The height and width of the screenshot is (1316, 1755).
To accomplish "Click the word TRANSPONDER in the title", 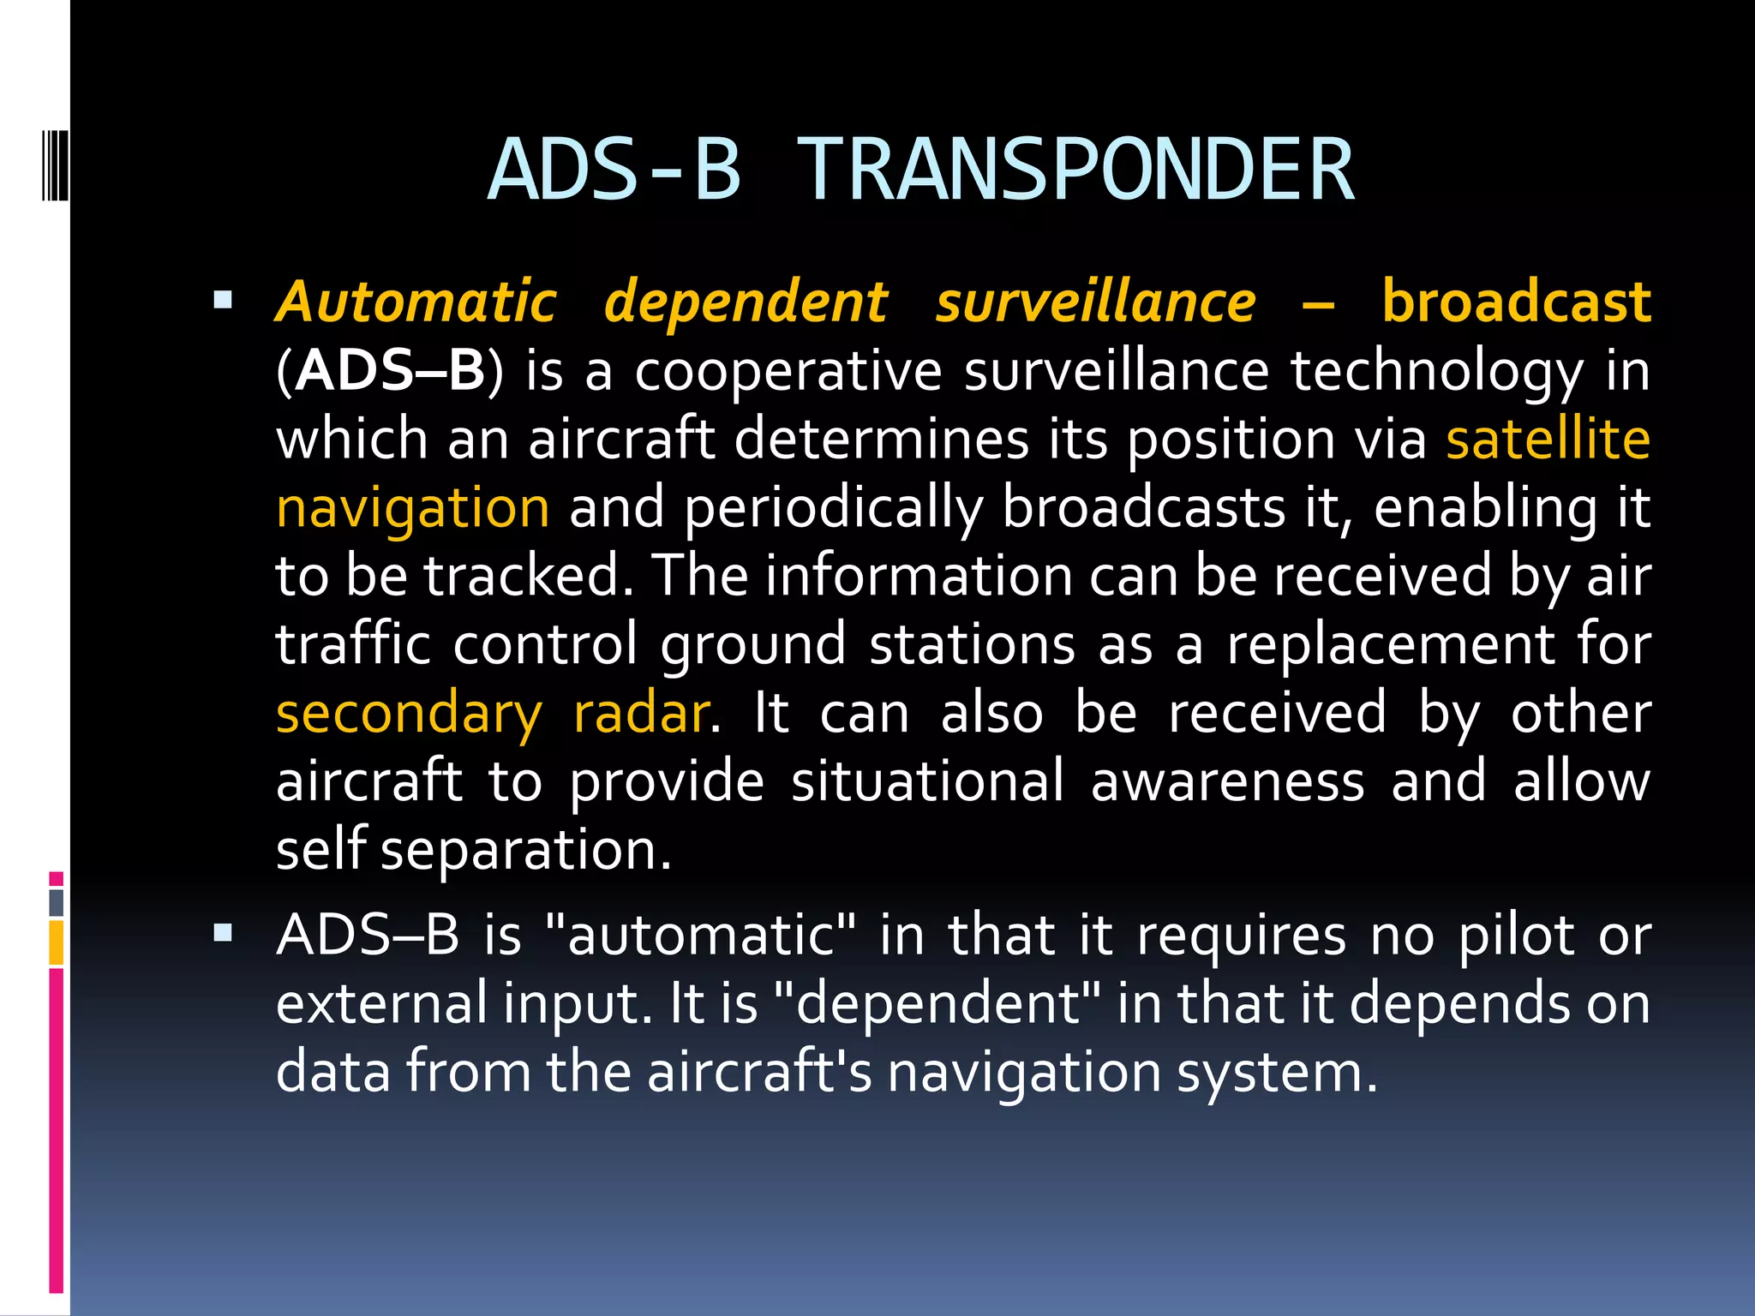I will [1075, 170].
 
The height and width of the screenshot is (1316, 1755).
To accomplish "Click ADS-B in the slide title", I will [614, 170].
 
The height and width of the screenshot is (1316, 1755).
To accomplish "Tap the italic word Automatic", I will [416, 302].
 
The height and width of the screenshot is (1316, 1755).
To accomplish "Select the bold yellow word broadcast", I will [1516, 302].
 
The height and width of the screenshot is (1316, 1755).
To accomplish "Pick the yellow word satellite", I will [1548, 439].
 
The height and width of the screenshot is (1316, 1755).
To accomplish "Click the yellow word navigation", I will [412, 507].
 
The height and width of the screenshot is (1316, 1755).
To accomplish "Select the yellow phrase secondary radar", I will [493, 713].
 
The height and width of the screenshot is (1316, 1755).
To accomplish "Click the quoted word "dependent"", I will [937, 1003].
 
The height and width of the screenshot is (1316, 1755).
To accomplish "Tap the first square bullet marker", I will [223, 300].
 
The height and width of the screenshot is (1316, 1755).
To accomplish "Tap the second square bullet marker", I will [223, 932].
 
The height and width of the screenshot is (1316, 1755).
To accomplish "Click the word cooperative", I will [788, 371].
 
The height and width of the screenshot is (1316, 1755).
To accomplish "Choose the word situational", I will [927, 781].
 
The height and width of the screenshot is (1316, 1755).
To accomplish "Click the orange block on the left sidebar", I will [57, 942].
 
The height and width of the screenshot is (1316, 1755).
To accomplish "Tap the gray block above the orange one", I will [57, 902].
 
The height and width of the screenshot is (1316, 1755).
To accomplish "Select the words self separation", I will [473, 850].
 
